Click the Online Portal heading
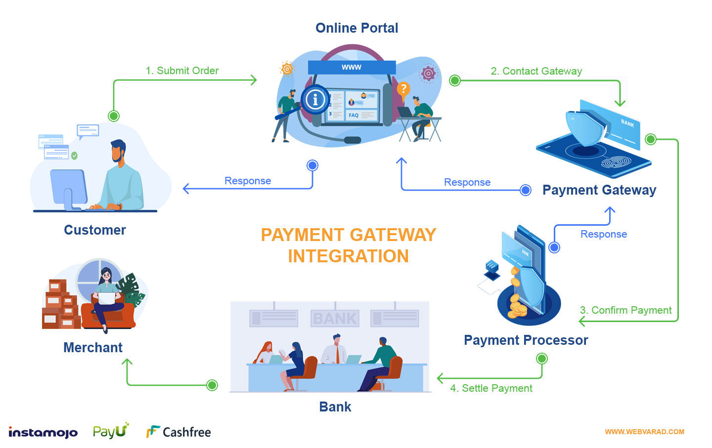click(356, 28)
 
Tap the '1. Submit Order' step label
click(182, 71)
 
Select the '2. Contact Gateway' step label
click(536, 71)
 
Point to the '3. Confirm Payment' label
click(625, 310)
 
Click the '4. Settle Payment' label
click(491, 388)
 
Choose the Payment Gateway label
click(599, 190)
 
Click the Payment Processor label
click(526, 340)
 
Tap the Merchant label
click(93, 347)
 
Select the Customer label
click(95, 230)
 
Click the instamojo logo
click(43, 432)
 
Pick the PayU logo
click(111, 431)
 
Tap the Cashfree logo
click(178, 432)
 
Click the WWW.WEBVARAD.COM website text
click(644, 432)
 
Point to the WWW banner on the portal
click(352, 67)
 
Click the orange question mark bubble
click(403, 89)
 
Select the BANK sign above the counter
click(335, 318)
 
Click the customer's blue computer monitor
click(68, 187)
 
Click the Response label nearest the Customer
click(248, 181)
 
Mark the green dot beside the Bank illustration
click(212, 385)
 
